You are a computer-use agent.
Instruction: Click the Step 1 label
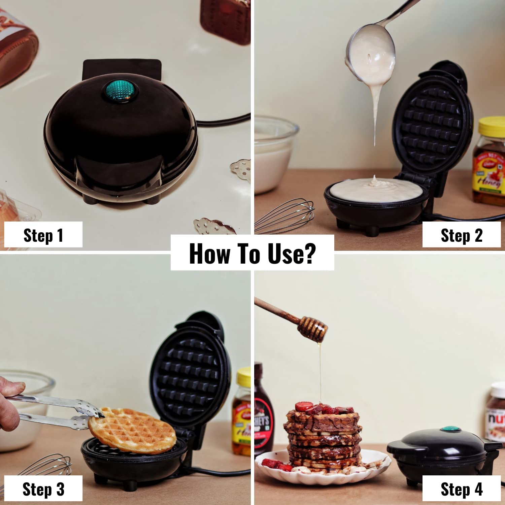pyautogui.click(x=43, y=235)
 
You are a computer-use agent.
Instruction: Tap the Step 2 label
pyautogui.click(x=461, y=235)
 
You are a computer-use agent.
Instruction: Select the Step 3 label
pyautogui.click(x=43, y=489)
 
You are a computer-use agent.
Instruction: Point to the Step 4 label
pyautogui.click(x=461, y=489)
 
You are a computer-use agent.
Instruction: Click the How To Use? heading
pyautogui.click(x=252, y=253)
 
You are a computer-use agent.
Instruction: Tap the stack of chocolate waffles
pyautogui.click(x=323, y=438)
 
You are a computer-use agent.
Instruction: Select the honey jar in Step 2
pyautogui.click(x=490, y=162)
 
